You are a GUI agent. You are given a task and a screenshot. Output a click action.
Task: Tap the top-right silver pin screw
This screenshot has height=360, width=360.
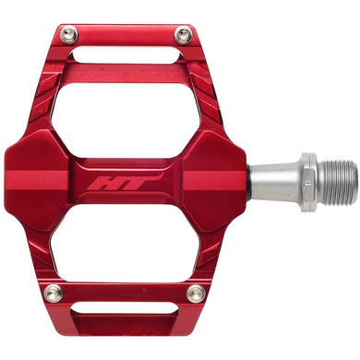(184, 36)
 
